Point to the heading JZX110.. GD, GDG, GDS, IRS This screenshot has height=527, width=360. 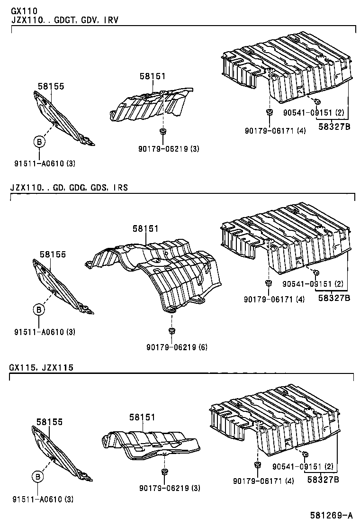[69, 188]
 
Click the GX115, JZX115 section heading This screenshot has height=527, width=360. [41, 367]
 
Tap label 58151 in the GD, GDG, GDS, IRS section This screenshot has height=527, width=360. [145, 228]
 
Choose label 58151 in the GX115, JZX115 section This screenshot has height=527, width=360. [142, 417]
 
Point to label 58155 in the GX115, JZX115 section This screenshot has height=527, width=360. [50, 421]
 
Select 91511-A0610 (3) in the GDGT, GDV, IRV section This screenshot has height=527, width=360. [45, 164]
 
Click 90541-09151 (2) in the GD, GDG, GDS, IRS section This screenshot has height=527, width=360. [313, 284]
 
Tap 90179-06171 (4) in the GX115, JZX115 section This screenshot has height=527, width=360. [263, 481]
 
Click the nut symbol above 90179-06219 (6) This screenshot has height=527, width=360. [171, 330]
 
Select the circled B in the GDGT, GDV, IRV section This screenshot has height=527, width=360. [39, 141]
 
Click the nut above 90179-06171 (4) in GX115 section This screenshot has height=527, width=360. [257, 464]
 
